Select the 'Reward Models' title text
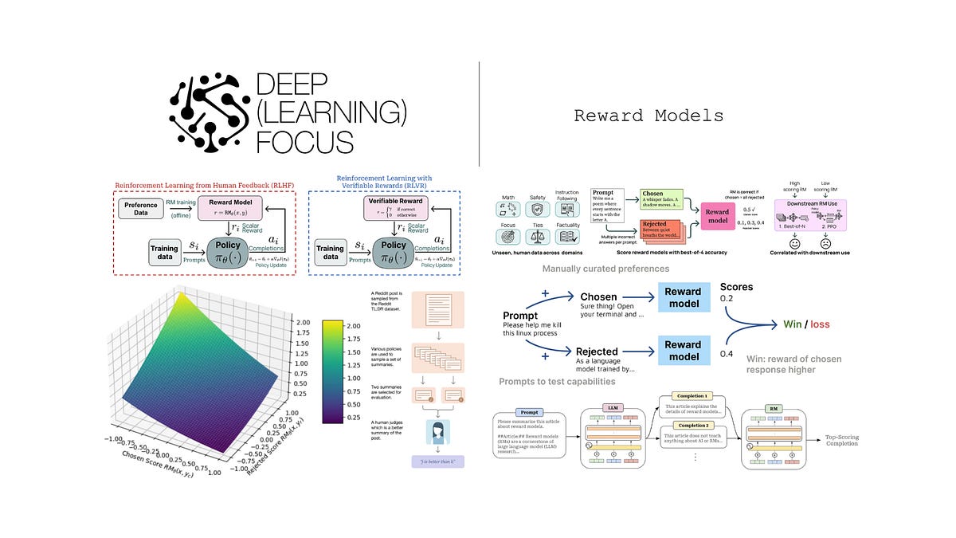point(648,116)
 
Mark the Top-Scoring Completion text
point(840,441)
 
